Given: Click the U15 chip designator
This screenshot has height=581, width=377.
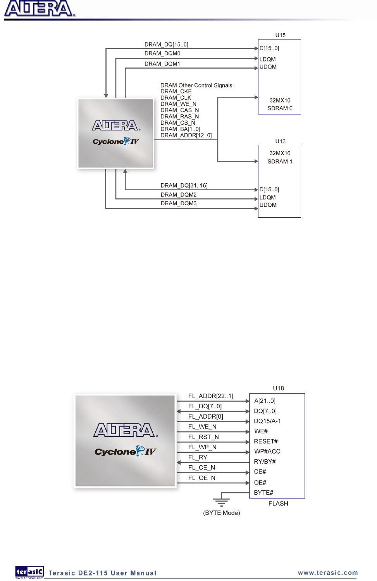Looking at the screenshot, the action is coord(280,35).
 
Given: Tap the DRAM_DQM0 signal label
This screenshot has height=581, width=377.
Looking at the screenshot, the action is coord(162,53).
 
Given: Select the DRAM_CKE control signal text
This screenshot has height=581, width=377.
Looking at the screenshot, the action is coord(176,91).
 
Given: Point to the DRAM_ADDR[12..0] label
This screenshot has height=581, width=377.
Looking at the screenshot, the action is coord(186,135).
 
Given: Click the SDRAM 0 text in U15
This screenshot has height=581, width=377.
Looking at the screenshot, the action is coord(280,108).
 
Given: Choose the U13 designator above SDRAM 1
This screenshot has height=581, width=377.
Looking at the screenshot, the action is coord(280,141).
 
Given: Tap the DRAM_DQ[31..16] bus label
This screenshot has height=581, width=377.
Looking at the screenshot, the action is coord(184,186).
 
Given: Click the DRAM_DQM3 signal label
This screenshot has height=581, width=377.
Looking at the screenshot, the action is coord(179,203).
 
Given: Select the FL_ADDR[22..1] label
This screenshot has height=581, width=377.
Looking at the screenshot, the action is coord(210,396).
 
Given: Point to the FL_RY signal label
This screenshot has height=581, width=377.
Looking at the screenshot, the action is coord(198,457).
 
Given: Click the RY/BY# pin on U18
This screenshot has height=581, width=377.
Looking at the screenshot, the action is coord(265,462).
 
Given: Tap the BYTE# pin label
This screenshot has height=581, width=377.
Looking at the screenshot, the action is coord(263,493).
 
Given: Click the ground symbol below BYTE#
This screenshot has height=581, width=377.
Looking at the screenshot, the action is coord(221,502).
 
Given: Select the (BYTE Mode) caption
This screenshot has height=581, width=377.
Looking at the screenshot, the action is coord(221,513).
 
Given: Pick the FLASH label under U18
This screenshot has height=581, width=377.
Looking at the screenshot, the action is coord(278,504).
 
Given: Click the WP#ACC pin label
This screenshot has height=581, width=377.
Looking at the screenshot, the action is coord(267,451).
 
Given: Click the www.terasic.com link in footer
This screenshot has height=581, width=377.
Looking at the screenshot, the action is coord(328,573).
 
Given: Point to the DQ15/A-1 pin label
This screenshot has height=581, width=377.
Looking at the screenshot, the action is coord(267,421).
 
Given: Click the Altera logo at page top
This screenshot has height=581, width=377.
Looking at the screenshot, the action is coord(39,9).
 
